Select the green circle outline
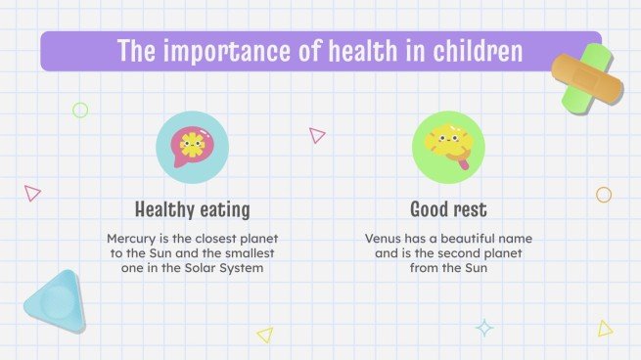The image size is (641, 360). (x=80, y=111)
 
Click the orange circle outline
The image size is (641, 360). (x=604, y=195)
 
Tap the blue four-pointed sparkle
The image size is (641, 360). (x=484, y=329)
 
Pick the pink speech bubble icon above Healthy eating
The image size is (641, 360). (x=192, y=148)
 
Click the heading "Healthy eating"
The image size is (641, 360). (x=192, y=209)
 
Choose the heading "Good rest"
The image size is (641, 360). (x=448, y=209)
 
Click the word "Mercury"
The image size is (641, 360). (x=130, y=238)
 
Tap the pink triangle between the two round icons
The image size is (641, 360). (x=316, y=135)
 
